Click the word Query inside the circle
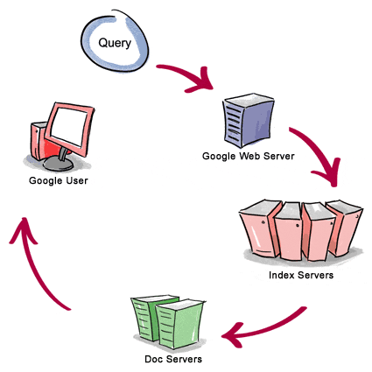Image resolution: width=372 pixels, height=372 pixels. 115,44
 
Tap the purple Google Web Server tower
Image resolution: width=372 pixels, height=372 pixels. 249,120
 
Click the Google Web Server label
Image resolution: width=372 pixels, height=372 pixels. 249,156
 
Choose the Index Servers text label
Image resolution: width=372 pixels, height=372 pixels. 301,275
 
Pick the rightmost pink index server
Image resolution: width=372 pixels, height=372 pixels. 345,228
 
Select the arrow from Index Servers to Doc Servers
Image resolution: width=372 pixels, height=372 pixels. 263,330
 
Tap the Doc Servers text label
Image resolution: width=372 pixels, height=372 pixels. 173,359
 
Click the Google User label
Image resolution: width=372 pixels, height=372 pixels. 59,181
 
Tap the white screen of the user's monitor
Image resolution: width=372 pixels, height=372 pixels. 69,126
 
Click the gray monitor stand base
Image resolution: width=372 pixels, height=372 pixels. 58,165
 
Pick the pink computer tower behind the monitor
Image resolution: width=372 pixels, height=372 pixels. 39,141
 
